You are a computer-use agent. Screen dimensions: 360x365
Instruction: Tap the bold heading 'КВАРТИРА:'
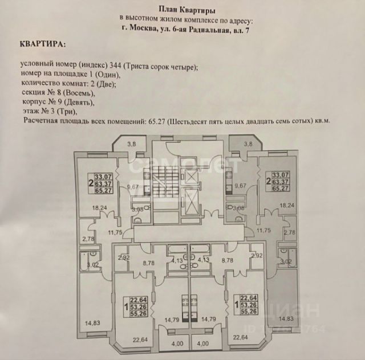coord(42,43)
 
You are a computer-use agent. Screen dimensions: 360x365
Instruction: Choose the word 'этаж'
coord(29,112)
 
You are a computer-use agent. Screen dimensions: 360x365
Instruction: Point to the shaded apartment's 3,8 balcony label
coord(247,144)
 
